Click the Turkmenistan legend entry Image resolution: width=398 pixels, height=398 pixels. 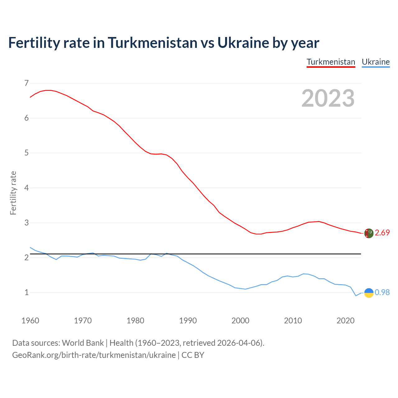tap(331, 62)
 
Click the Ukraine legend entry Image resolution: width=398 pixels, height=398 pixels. tap(376, 62)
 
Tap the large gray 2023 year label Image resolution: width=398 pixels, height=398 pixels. tap(328, 98)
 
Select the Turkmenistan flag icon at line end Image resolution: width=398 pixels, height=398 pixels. tap(369, 233)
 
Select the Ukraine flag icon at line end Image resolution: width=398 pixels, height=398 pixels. tap(369, 293)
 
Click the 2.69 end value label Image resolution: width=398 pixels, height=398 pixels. tap(382, 233)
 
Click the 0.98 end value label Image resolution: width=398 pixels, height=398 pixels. tap(382, 292)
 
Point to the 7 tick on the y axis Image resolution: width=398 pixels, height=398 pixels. tap(26, 83)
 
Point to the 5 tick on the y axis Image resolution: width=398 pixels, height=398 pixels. tap(26, 153)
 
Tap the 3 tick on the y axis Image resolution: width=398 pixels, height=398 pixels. tap(26, 223)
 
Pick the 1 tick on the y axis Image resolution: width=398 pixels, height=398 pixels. tap(26, 292)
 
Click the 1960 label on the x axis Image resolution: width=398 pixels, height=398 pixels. tap(30, 321)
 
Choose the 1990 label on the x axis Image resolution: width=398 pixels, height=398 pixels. tap(188, 321)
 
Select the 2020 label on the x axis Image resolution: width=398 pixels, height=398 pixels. tap(345, 321)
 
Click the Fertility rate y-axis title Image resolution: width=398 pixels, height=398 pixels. tap(13, 193)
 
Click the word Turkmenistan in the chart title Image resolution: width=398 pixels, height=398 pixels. tap(153, 43)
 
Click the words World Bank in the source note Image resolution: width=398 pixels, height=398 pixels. tap(83, 343)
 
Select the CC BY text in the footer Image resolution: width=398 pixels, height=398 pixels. tap(193, 355)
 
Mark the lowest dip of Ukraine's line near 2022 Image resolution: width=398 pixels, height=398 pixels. tap(356, 296)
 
